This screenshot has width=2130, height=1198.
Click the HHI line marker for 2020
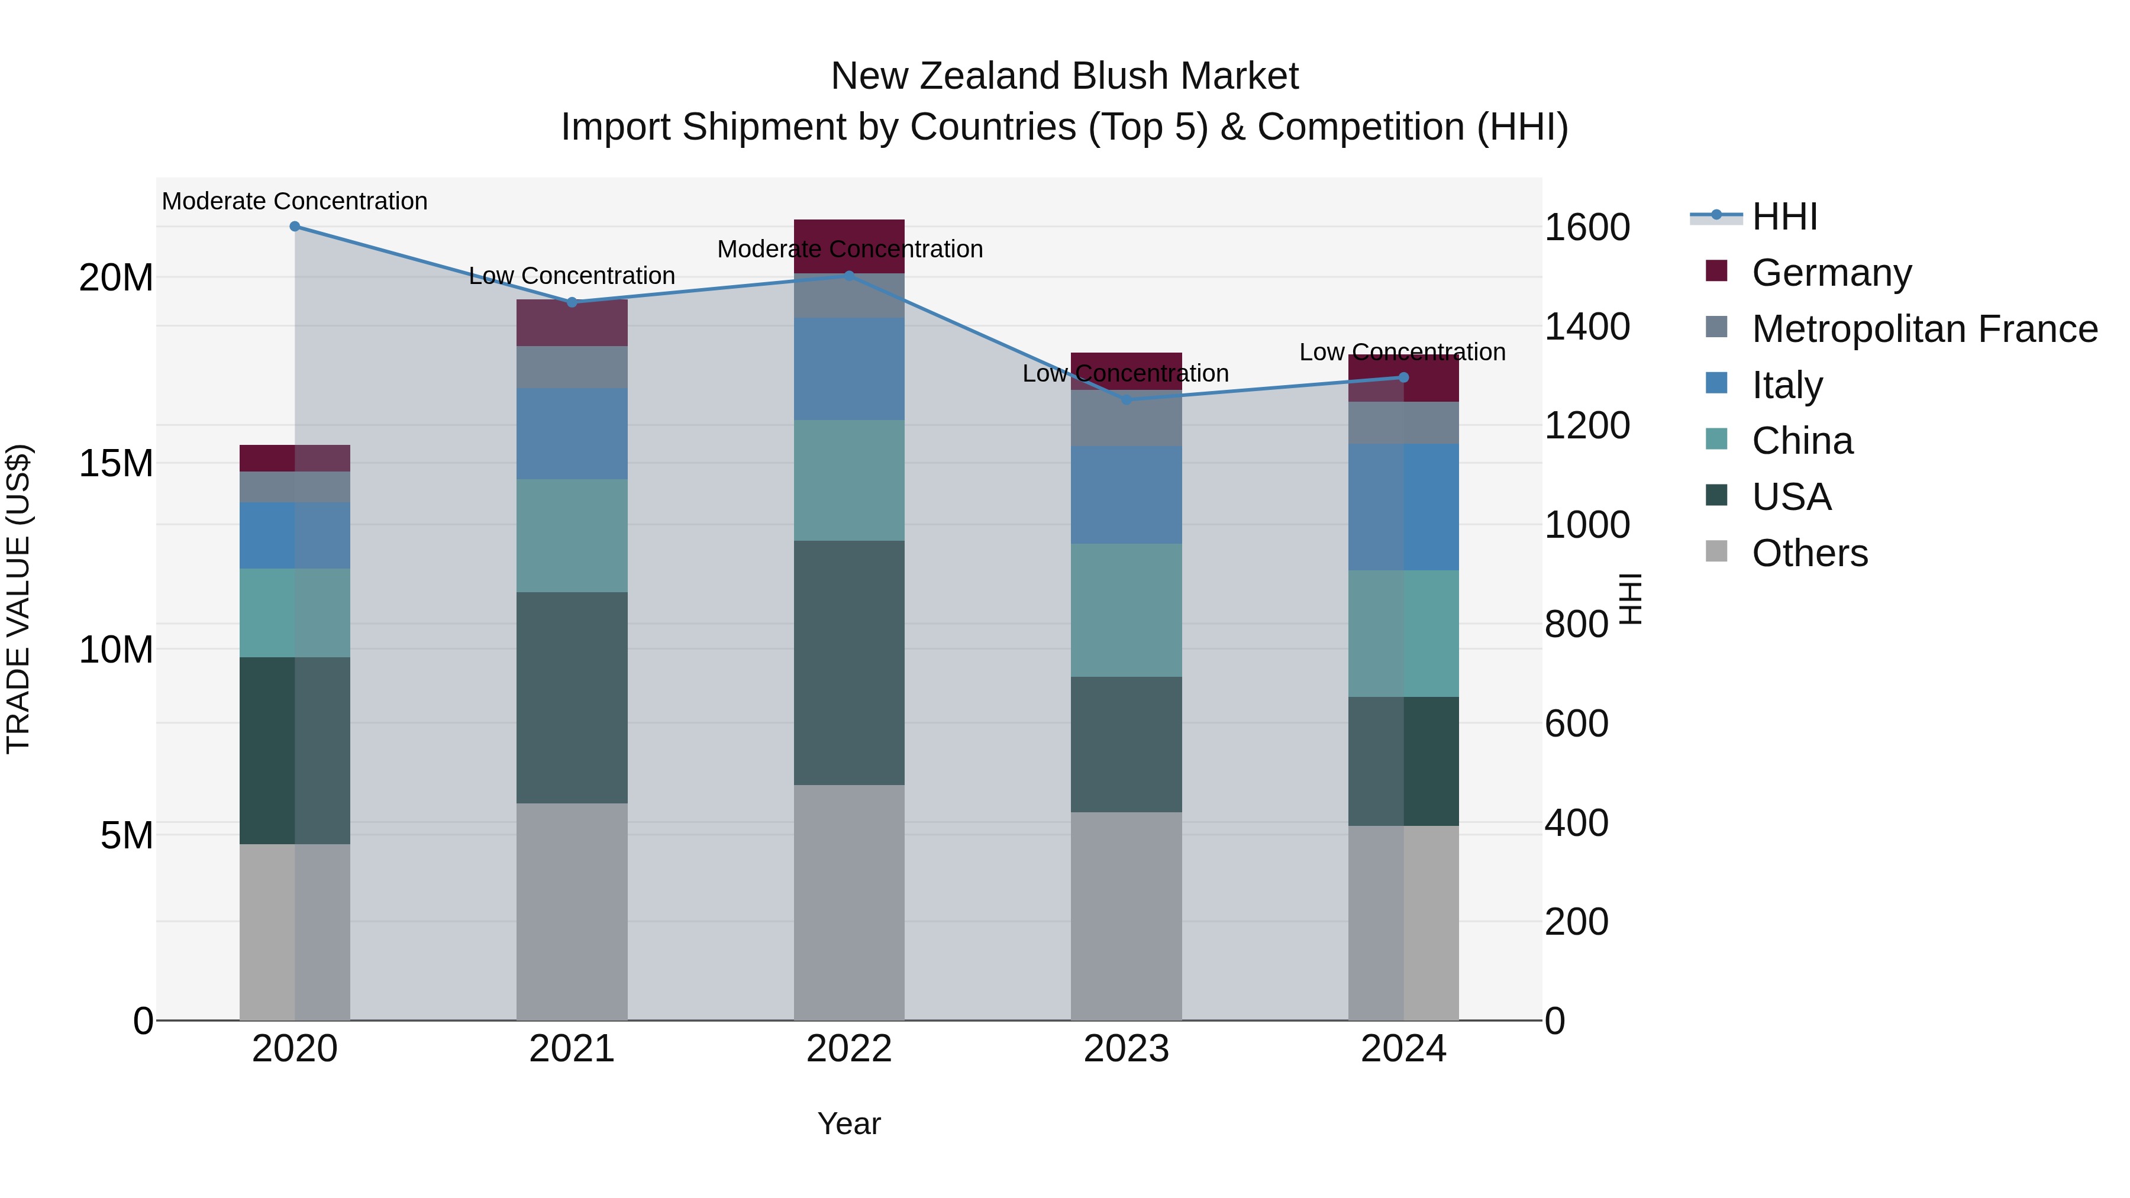[x=295, y=227]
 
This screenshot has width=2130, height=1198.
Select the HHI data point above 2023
[x=1126, y=399]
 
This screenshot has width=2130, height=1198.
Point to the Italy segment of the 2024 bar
[x=1403, y=507]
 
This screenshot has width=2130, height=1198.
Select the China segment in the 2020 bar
[x=295, y=613]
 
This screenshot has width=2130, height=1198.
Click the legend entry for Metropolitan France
[x=1924, y=329]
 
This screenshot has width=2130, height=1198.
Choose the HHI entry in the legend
[x=1784, y=217]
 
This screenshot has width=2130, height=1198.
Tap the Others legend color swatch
[x=1716, y=551]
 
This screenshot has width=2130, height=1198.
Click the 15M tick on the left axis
[x=116, y=464]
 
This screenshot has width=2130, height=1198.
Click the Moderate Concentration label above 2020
[x=295, y=201]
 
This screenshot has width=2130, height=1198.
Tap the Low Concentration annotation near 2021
[x=572, y=275]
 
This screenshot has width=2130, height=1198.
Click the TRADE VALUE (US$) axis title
[x=18, y=599]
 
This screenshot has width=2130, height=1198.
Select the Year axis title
[x=849, y=1123]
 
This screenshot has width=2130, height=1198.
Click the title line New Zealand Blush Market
[x=1064, y=76]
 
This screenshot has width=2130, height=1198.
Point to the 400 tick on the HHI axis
[x=1576, y=823]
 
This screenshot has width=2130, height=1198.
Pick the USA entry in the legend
[x=1791, y=497]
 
